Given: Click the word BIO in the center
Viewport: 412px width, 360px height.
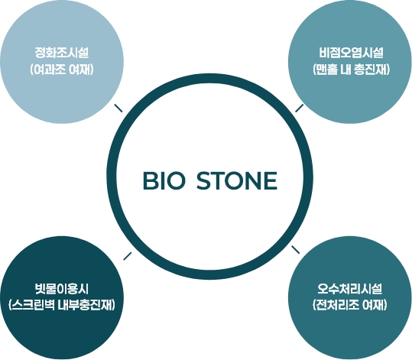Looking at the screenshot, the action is pos(164,180).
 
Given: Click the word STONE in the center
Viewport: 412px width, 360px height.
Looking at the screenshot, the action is pos(237,180).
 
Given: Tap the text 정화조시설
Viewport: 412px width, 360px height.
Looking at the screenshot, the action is pos(62,53).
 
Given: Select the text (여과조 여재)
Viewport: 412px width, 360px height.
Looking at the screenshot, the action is pos(62,70).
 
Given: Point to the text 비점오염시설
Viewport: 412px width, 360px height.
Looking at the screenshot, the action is pos(352,53).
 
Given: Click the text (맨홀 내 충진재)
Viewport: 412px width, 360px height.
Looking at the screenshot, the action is pos(352,70).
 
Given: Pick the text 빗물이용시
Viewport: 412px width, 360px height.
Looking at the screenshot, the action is pos(62,288).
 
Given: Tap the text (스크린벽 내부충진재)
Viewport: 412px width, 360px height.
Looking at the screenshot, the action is pos(62,305).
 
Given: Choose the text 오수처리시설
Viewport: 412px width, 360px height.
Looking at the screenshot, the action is pos(350,288).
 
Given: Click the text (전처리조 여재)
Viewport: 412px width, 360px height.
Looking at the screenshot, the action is pos(350,305).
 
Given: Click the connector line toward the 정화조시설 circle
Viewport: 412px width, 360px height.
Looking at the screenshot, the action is pos(118,108).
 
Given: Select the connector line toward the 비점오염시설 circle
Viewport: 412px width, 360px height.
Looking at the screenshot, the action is pos(300,108).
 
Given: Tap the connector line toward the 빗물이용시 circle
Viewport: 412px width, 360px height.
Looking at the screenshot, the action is pos(128,256).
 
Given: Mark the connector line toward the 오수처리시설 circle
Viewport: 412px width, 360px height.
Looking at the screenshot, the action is pos(295,250).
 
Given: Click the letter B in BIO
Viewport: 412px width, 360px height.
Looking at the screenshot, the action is pos(149,180).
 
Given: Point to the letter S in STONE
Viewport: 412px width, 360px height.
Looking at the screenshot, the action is pos(203,180).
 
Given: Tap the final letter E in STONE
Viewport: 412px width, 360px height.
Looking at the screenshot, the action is pos(271,180).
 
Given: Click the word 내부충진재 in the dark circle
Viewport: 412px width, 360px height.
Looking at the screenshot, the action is pos(86,305).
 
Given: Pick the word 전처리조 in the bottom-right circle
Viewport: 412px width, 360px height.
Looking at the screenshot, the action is pos(336,305).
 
